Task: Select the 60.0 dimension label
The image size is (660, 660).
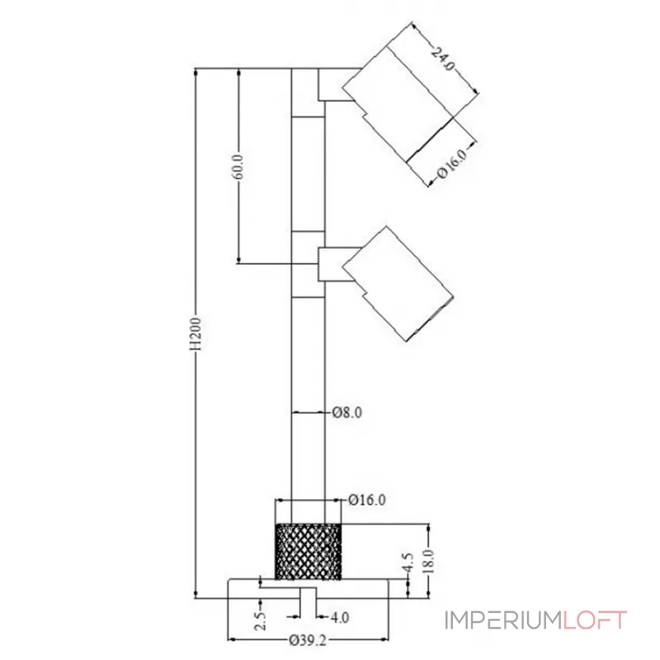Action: tap(238, 167)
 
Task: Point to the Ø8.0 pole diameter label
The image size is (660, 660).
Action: tap(347, 412)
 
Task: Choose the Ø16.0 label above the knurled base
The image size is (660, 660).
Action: tap(367, 499)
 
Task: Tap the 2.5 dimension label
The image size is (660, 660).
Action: tap(261, 621)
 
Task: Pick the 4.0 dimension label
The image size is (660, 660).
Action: tap(339, 616)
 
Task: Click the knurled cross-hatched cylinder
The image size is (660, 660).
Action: tap(308, 551)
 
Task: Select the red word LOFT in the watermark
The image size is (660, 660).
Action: tap(596, 620)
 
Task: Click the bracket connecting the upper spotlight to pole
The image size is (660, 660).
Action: tap(333, 86)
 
